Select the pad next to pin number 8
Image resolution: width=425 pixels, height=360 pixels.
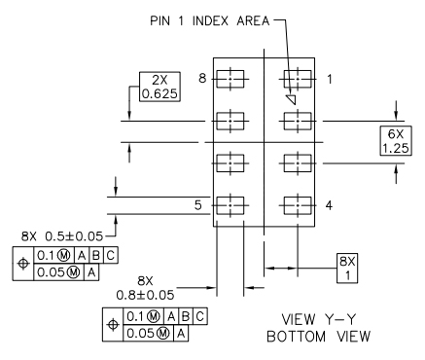[x=229, y=79]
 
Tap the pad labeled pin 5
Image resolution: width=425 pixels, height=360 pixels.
[x=229, y=205]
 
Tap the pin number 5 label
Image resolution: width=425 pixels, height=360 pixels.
[x=197, y=205]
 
